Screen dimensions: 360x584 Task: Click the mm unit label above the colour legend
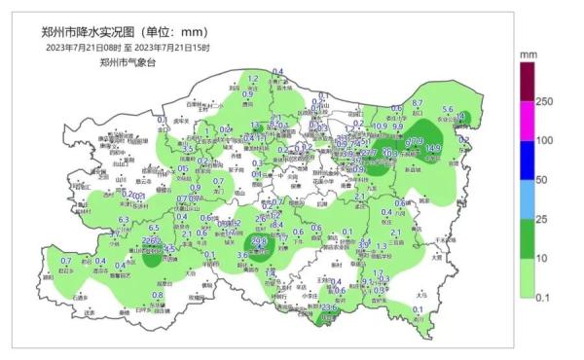click(x=530, y=54)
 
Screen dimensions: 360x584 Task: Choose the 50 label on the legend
click(x=543, y=180)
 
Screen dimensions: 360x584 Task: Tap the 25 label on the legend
click(x=543, y=219)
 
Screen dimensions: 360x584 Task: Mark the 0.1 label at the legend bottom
click(x=544, y=296)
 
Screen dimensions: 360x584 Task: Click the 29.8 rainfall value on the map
click(x=259, y=240)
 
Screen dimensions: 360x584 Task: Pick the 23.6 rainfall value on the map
click(x=329, y=307)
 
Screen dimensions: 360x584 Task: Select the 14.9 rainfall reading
click(x=433, y=148)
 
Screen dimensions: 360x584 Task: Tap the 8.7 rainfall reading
click(x=418, y=103)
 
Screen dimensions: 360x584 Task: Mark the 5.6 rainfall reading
click(x=448, y=110)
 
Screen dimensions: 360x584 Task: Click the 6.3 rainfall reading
click(x=124, y=221)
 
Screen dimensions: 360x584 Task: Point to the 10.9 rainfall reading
click(x=380, y=126)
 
